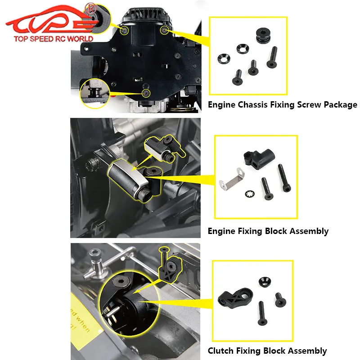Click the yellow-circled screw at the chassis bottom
coord(146,92)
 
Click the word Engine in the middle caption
coord(221,231)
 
